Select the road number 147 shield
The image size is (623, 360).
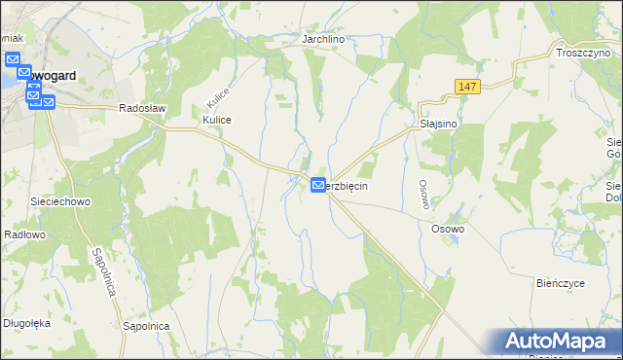click(x=466, y=88)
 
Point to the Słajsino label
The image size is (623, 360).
click(x=437, y=125)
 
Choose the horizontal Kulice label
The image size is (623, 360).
click(x=216, y=119)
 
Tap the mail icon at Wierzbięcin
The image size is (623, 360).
click(x=318, y=185)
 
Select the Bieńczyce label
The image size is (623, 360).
click(x=560, y=283)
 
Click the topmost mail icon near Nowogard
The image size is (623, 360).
click(x=14, y=60)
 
